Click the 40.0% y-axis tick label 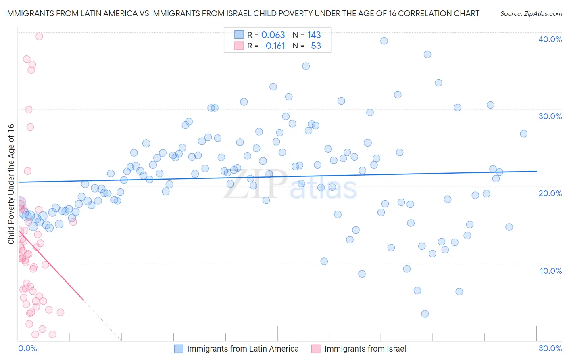point(550,39)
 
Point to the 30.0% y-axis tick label point(550,116)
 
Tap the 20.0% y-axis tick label point(550,193)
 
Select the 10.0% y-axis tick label point(551,271)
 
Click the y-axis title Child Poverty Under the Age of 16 point(11,184)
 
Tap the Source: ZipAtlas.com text point(531,14)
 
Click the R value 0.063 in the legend point(273,35)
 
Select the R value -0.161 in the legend point(273,46)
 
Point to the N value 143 point(314,35)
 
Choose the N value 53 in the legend point(316,46)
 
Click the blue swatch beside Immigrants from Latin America point(179,349)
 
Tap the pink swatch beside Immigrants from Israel point(316,349)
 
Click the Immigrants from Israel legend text point(365,349)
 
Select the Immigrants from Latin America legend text point(243,349)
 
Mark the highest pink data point point(39,36)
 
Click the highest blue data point point(384,41)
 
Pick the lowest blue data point point(425,314)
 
